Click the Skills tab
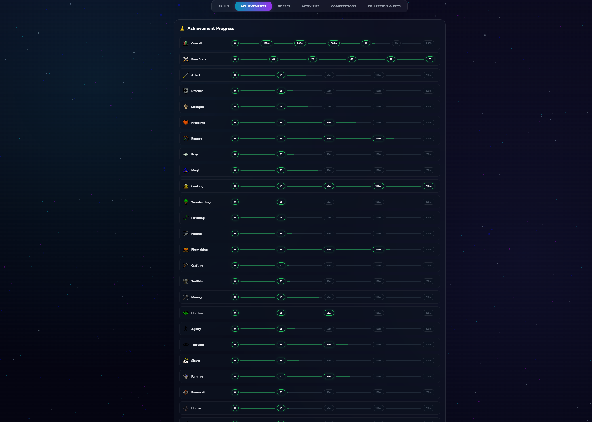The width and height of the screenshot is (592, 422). [x=223, y=6]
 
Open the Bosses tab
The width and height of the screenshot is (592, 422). [x=284, y=6]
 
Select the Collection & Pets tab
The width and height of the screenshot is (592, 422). [x=384, y=6]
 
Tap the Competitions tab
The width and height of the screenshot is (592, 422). [x=343, y=6]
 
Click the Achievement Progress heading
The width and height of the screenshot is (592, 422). [x=211, y=28]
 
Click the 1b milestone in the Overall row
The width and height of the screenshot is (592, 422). [x=366, y=43]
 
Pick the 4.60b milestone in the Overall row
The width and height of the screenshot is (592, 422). [x=428, y=43]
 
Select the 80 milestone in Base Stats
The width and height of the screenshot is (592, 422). [x=352, y=59]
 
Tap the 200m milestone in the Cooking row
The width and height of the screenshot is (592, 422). [x=428, y=186]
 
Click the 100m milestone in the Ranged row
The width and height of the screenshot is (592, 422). [x=378, y=139]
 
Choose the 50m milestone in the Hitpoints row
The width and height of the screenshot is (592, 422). [x=329, y=123]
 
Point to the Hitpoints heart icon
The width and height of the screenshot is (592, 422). [x=186, y=123]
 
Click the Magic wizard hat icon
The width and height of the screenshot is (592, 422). [x=186, y=170]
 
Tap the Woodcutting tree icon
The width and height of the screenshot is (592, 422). [x=186, y=202]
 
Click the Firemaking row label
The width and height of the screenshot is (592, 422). [x=199, y=250]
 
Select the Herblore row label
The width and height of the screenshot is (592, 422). [x=198, y=313]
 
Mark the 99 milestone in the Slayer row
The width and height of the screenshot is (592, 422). [x=281, y=360]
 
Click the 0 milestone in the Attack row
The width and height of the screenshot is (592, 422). [x=235, y=75]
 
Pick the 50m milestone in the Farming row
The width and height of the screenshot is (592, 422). [x=329, y=376]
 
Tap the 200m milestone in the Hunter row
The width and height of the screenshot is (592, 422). [x=428, y=408]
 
